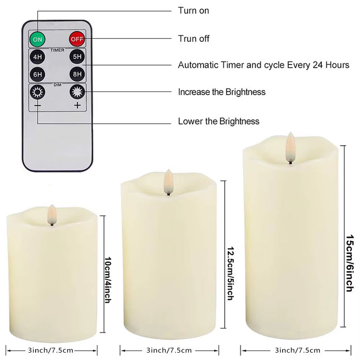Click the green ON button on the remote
click(x=37, y=39)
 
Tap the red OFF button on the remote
click(x=77, y=39)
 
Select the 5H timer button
click(x=77, y=57)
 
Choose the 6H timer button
click(x=37, y=74)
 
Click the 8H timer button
click(x=77, y=74)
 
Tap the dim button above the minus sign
click(x=37, y=93)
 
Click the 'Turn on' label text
click(x=194, y=10)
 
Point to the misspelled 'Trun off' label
click(x=194, y=39)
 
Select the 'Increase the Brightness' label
click(x=222, y=92)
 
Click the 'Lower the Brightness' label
click(x=218, y=122)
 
